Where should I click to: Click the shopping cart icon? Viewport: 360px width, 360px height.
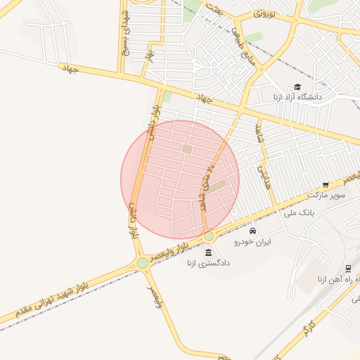tap(326, 185)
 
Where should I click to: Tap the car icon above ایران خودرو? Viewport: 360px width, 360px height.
tap(253, 231)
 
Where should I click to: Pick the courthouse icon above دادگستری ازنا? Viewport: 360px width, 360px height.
tap(208, 252)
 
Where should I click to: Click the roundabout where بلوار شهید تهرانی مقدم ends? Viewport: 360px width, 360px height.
tap(143, 262)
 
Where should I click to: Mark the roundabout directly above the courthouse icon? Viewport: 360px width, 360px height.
tap(209, 236)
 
